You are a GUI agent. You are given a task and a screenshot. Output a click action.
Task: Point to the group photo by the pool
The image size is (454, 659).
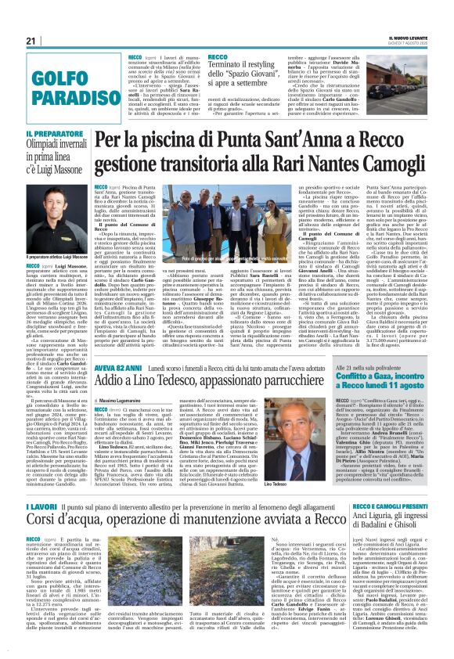[204, 224]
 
